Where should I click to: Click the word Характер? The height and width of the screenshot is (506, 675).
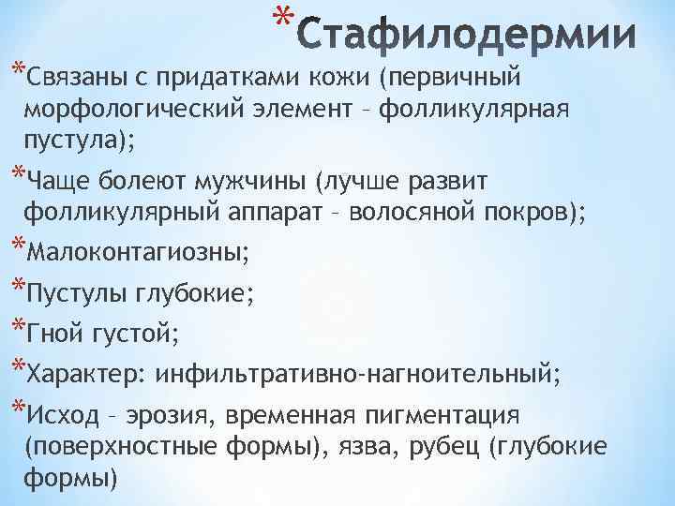point(85,376)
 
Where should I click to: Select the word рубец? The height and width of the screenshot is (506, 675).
point(445,448)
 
